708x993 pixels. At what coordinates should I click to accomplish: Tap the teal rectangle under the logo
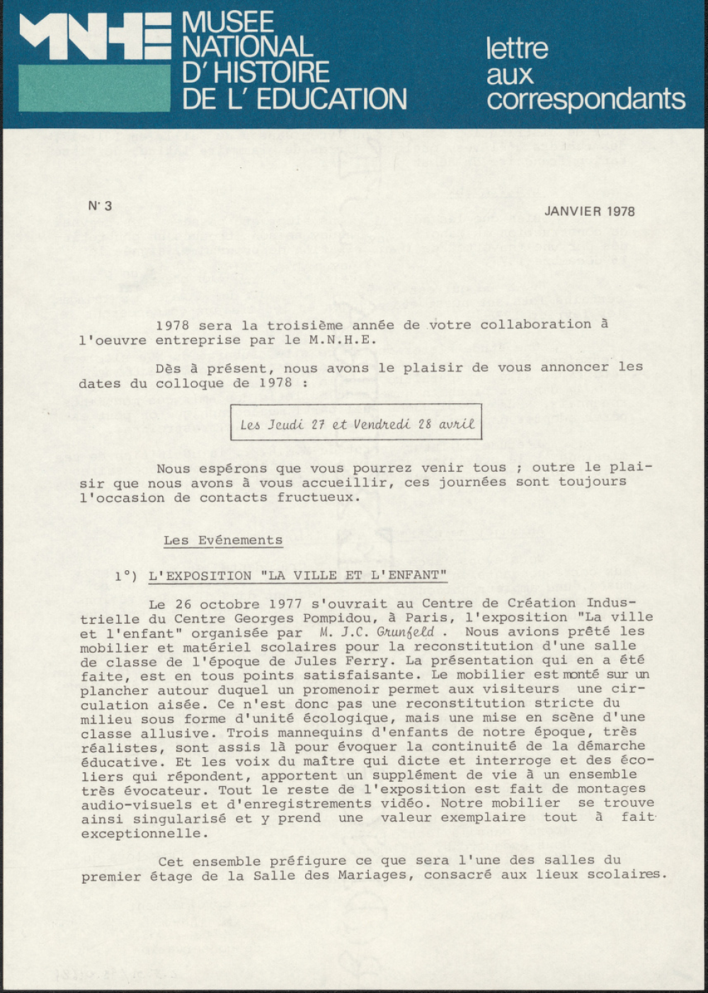93,88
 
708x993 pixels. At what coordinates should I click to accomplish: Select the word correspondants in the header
586,100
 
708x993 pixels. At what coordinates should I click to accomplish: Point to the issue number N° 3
100,206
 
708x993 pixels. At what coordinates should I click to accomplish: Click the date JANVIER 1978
589,211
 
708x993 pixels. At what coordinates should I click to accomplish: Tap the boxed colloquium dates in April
356,424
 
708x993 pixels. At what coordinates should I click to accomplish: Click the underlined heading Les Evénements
222,540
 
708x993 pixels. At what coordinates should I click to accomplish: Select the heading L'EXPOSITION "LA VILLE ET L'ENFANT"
297,576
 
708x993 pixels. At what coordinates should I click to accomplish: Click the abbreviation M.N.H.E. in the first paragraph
342,340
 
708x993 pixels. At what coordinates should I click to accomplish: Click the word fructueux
318,497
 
